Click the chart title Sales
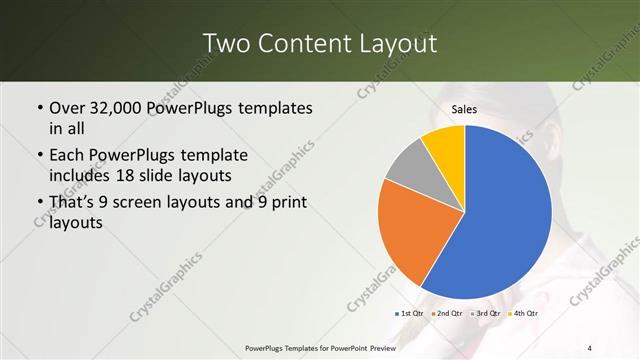464,109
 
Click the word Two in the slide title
224,43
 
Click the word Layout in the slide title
395,43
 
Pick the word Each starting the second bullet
68,155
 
